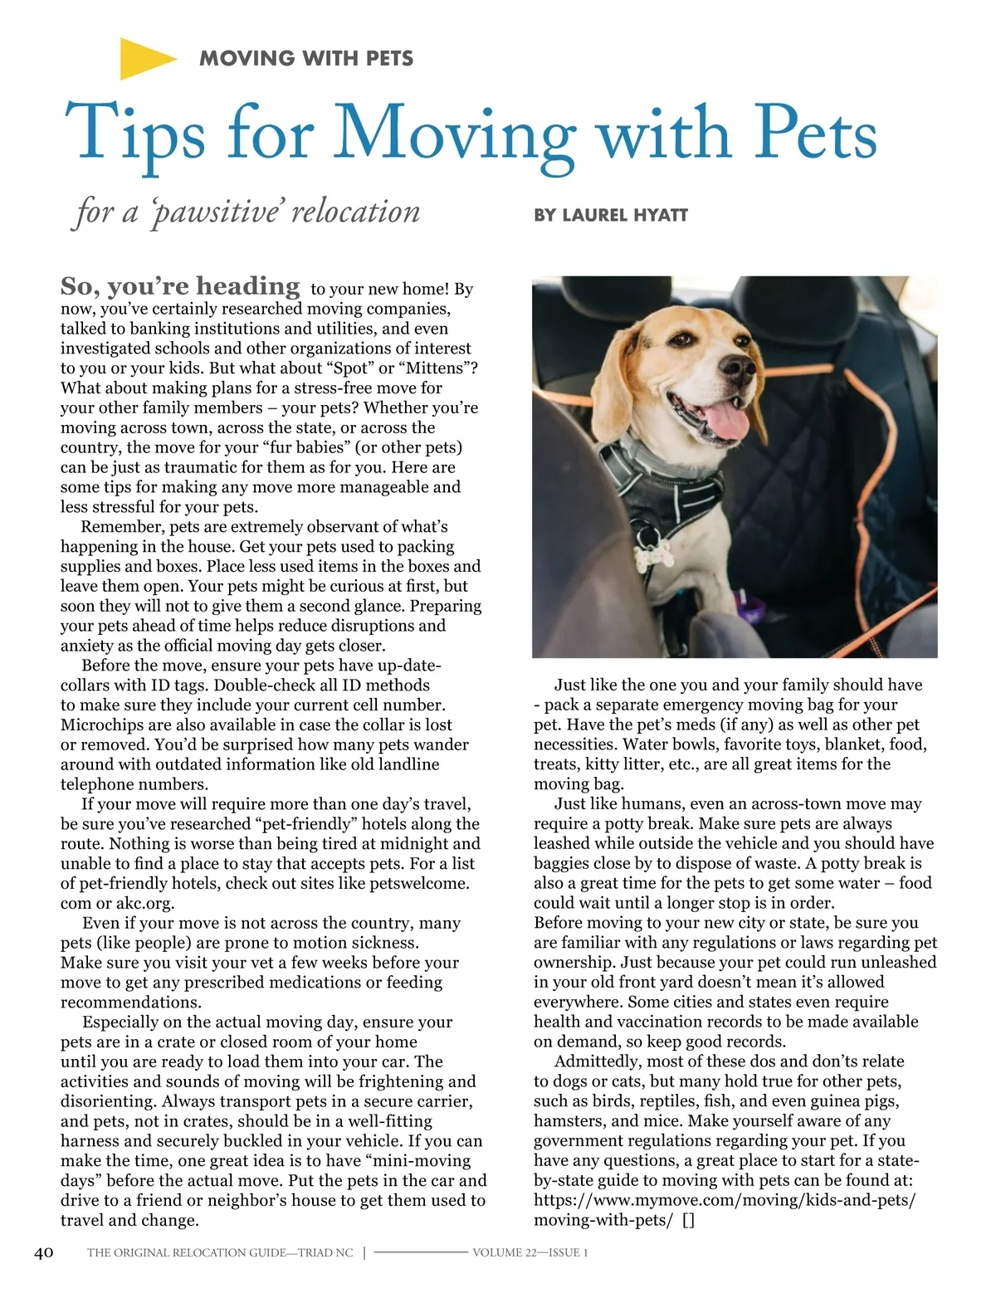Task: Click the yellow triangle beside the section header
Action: (x=144, y=58)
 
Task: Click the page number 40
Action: (x=43, y=1252)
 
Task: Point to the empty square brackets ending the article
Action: (x=687, y=1220)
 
